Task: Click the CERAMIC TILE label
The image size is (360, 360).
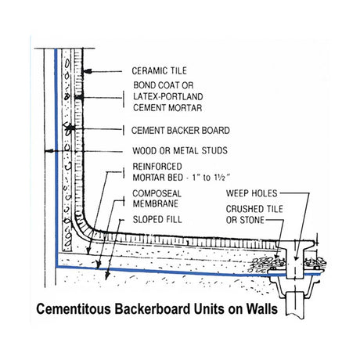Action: pyautogui.click(x=159, y=70)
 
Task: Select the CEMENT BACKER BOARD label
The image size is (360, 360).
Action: pyautogui.click(x=181, y=131)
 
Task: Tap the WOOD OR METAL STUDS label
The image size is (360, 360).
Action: pyautogui.click(x=180, y=150)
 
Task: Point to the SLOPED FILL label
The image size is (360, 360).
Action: pyautogui.click(x=157, y=219)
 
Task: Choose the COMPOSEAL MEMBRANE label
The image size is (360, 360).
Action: pyautogui.click(x=157, y=199)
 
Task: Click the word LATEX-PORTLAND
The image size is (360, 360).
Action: pyautogui.click(x=168, y=96)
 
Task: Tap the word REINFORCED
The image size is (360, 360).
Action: pyautogui.click(x=157, y=167)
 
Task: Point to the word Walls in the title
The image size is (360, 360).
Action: pyautogui.click(x=261, y=309)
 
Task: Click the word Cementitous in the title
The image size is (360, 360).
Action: pyautogui.click(x=74, y=309)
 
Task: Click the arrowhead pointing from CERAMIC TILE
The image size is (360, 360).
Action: pyautogui.click(x=88, y=71)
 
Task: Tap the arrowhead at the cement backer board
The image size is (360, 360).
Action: pyautogui.click(x=70, y=128)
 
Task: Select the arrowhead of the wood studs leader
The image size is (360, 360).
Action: pyautogui.click(x=49, y=151)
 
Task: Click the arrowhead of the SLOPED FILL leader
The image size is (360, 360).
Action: pyautogui.click(x=107, y=276)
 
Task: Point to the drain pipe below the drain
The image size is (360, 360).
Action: pyautogui.click(x=295, y=304)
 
